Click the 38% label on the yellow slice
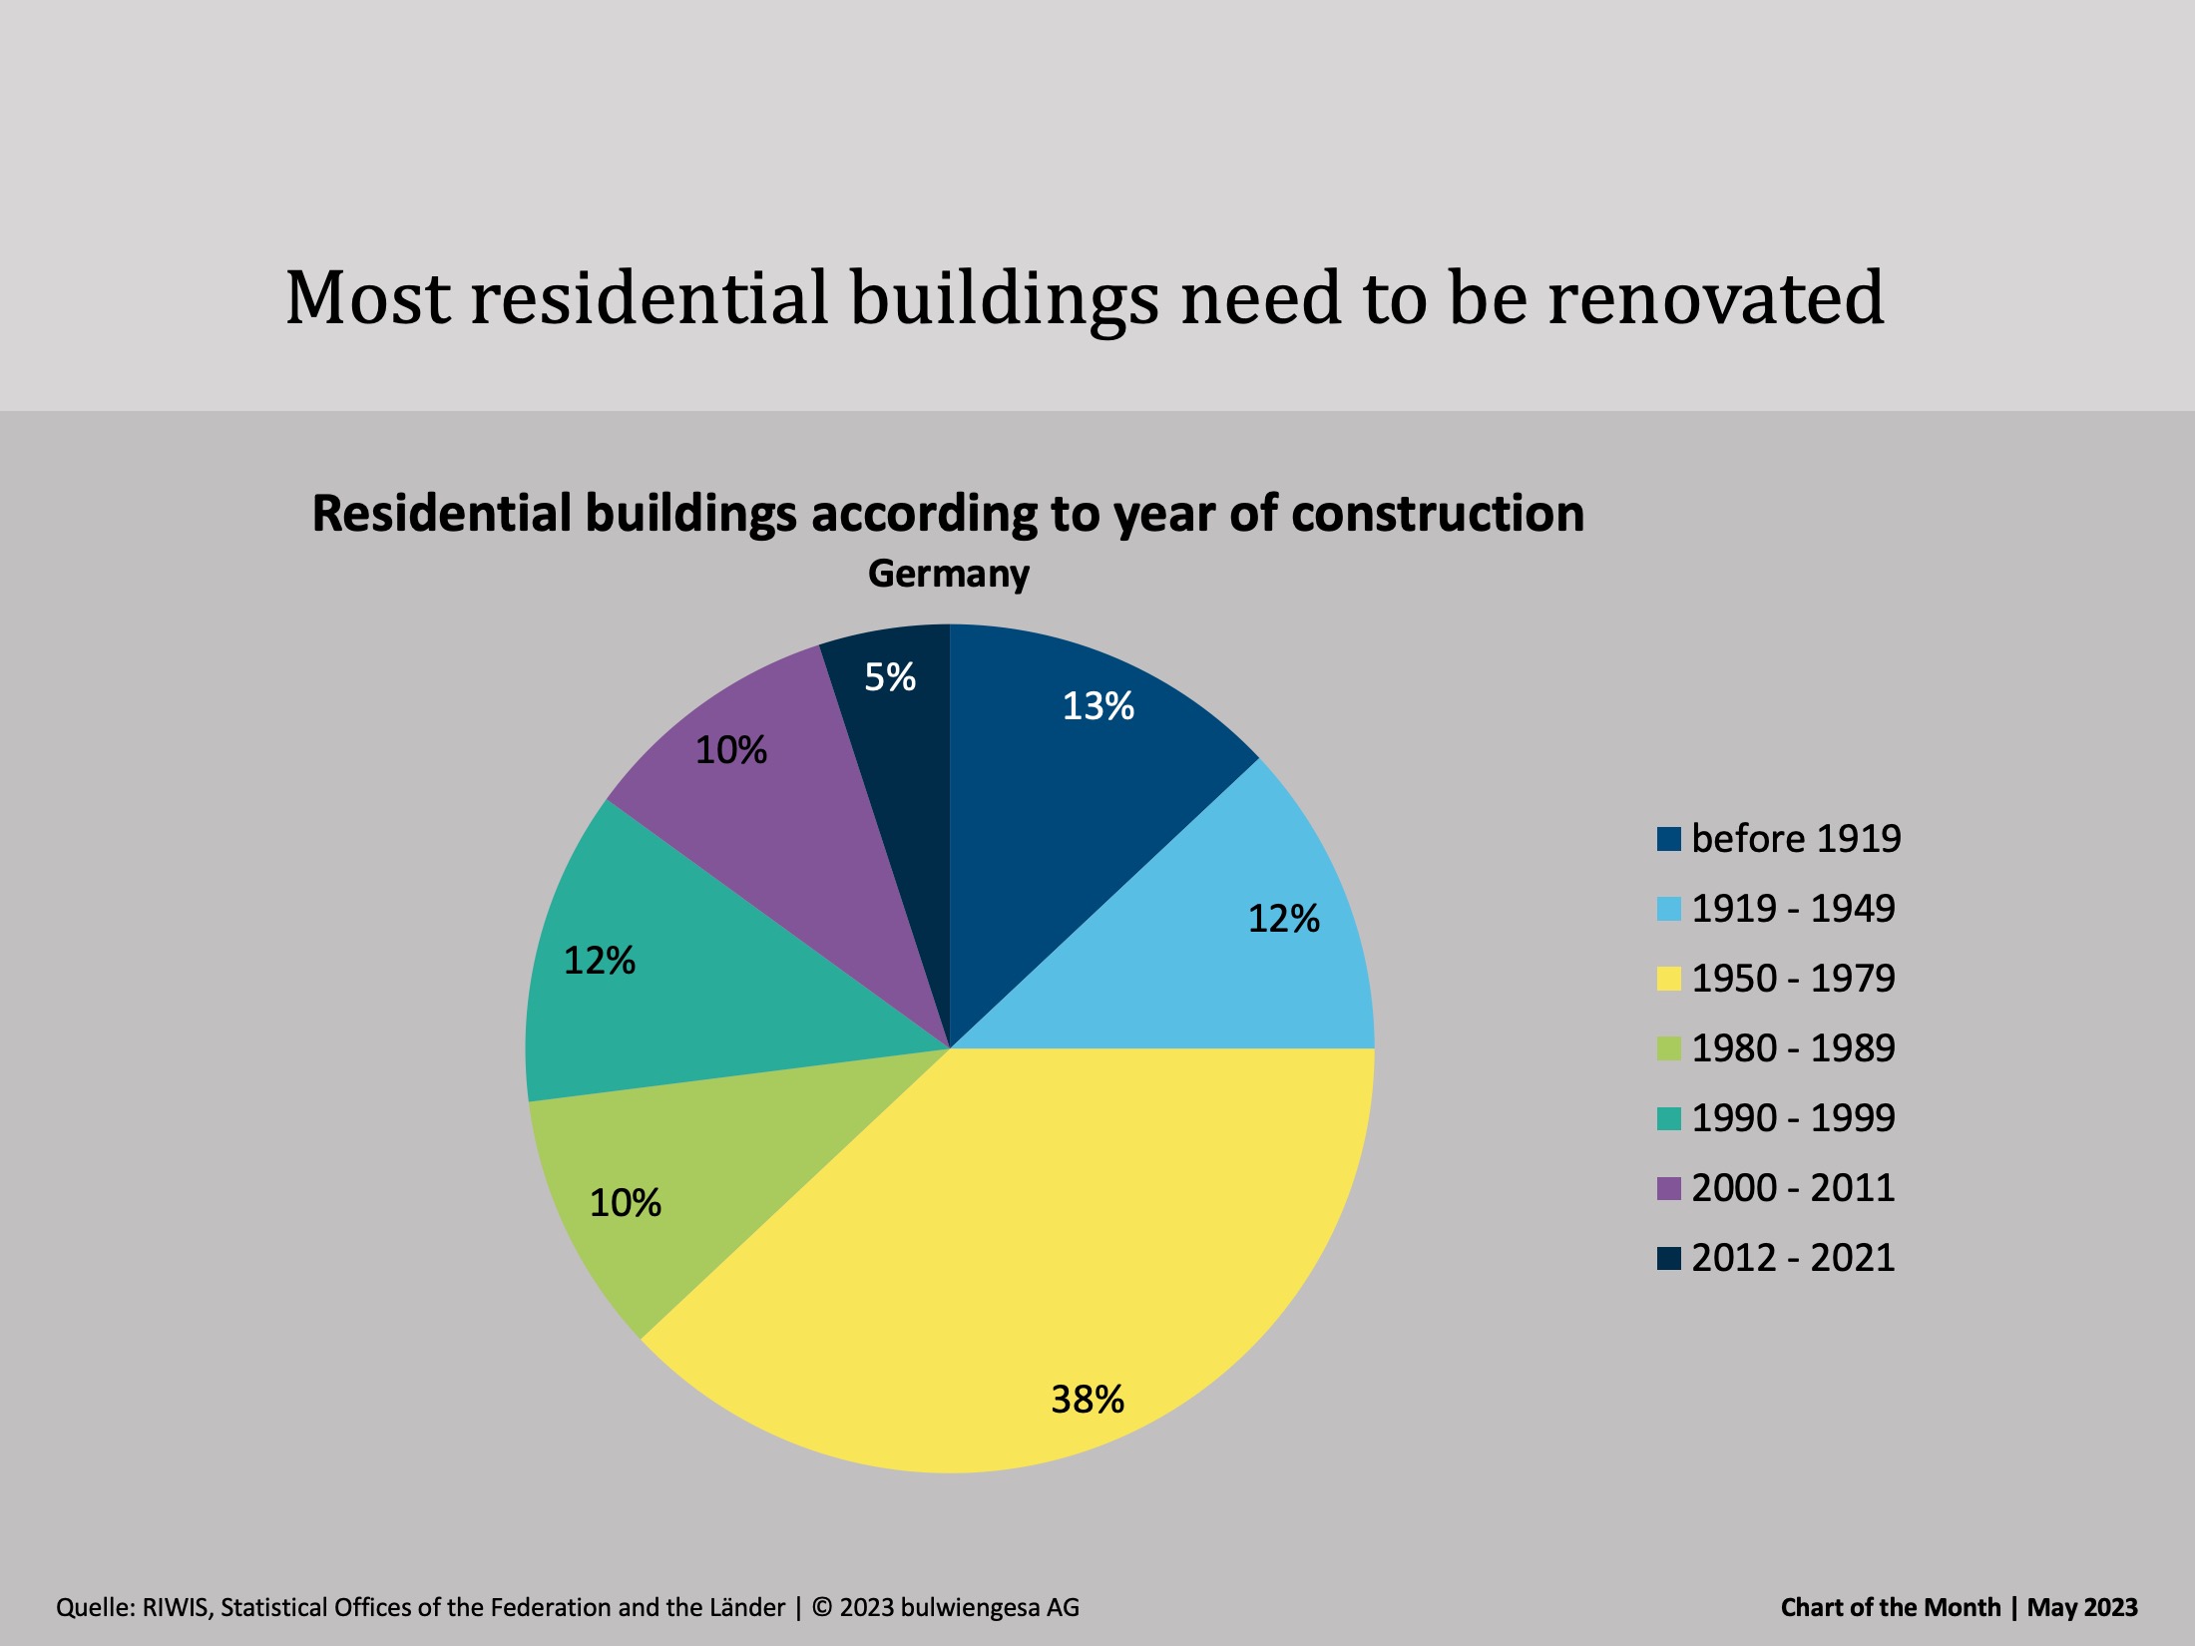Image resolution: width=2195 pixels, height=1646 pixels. [x=1088, y=1400]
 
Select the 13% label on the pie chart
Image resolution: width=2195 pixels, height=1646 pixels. [x=1097, y=706]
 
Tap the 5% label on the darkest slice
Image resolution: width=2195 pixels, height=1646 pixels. [x=890, y=677]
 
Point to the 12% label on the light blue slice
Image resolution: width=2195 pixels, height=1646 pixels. [x=1284, y=919]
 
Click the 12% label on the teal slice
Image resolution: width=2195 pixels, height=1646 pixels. [x=600, y=961]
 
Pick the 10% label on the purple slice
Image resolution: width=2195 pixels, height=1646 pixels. [x=731, y=750]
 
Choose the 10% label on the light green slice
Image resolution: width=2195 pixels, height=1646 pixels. [x=626, y=1203]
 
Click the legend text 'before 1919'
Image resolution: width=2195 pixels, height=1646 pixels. [x=1797, y=839]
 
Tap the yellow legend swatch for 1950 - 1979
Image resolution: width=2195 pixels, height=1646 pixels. [x=1668, y=979]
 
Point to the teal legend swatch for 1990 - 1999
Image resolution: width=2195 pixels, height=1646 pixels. [x=1668, y=1118]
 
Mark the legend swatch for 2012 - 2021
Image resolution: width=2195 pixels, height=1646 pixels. [x=1668, y=1258]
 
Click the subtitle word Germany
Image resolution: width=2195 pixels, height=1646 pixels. [x=949, y=576]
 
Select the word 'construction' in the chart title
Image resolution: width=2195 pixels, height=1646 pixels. [x=1438, y=514]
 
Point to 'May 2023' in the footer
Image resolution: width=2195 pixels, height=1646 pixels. [x=2082, y=1608]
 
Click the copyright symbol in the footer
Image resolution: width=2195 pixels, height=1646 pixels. [x=822, y=1607]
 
